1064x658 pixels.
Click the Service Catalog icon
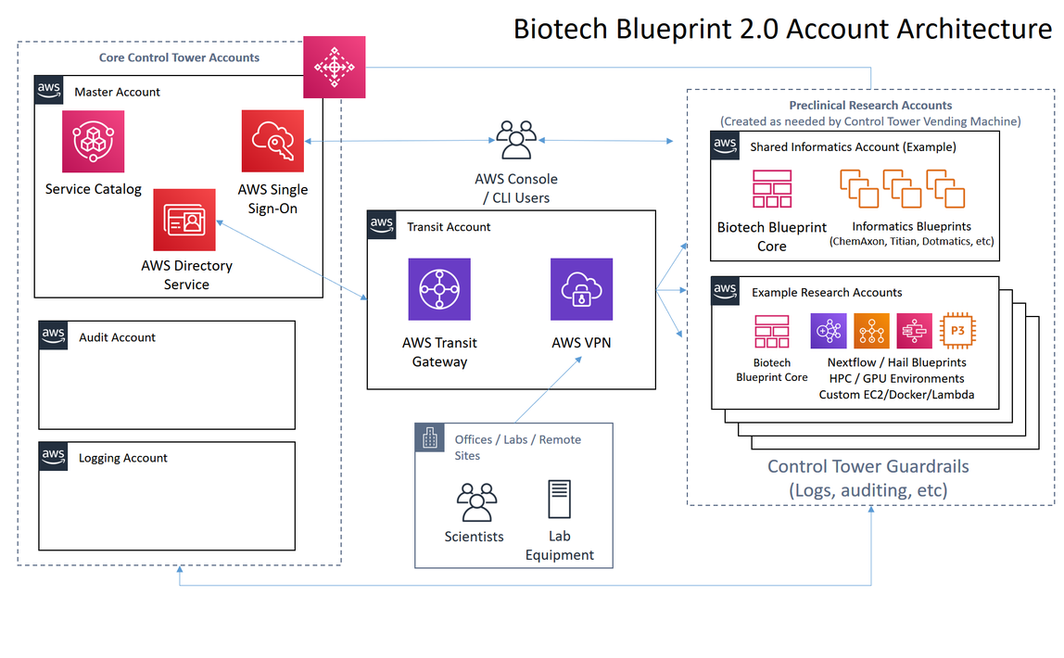click(x=93, y=141)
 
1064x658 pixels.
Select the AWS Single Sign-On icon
click(x=272, y=141)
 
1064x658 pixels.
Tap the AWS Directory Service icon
click(x=184, y=220)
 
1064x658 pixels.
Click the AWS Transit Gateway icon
click(x=439, y=289)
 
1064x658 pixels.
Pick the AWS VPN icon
click(x=581, y=289)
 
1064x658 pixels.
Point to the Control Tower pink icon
click(x=334, y=67)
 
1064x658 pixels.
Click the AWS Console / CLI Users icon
click(x=516, y=140)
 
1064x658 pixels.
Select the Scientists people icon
click(x=477, y=502)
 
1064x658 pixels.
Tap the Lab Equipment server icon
click(x=560, y=499)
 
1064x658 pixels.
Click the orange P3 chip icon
click(x=957, y=330)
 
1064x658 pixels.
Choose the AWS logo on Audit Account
click(x=53, y=335)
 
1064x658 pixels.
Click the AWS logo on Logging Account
click(x=53, y=456)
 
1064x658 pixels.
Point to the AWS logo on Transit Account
click(x=381, y=224)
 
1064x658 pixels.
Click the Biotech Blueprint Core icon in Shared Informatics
click(x=772, y=188)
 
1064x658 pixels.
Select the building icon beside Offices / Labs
click(x=429, y=438)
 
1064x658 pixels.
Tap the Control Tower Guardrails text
click(x=868, y=467)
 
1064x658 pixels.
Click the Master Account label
click(x=118, y=93)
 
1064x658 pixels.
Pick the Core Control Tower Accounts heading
click(x=179, y=57)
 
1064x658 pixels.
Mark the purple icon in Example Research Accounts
click(x=829, y=330)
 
